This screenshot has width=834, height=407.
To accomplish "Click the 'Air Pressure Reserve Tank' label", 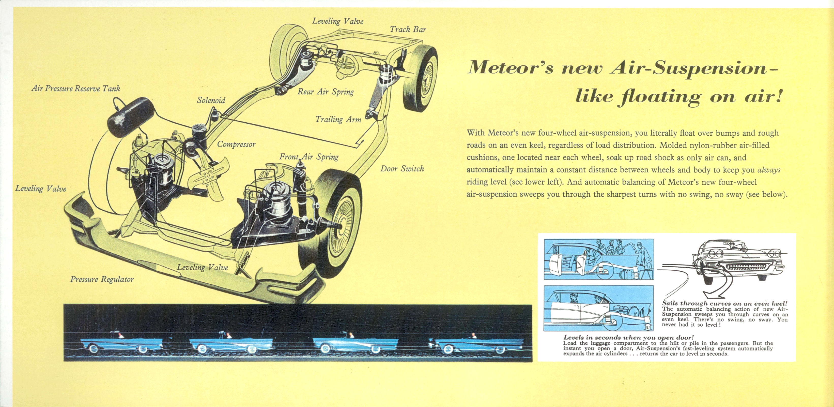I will pos(76,89).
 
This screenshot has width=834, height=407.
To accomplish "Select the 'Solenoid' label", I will pos(211,100).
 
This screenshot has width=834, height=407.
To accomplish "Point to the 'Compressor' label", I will pos(236,144).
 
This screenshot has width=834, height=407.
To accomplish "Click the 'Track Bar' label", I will pos(408,30).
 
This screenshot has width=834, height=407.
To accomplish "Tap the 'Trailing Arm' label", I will pos(338,119).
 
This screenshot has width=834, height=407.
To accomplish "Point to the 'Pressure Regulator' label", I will pos(102,279).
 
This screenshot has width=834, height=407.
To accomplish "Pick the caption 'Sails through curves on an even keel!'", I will pos(724,303).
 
